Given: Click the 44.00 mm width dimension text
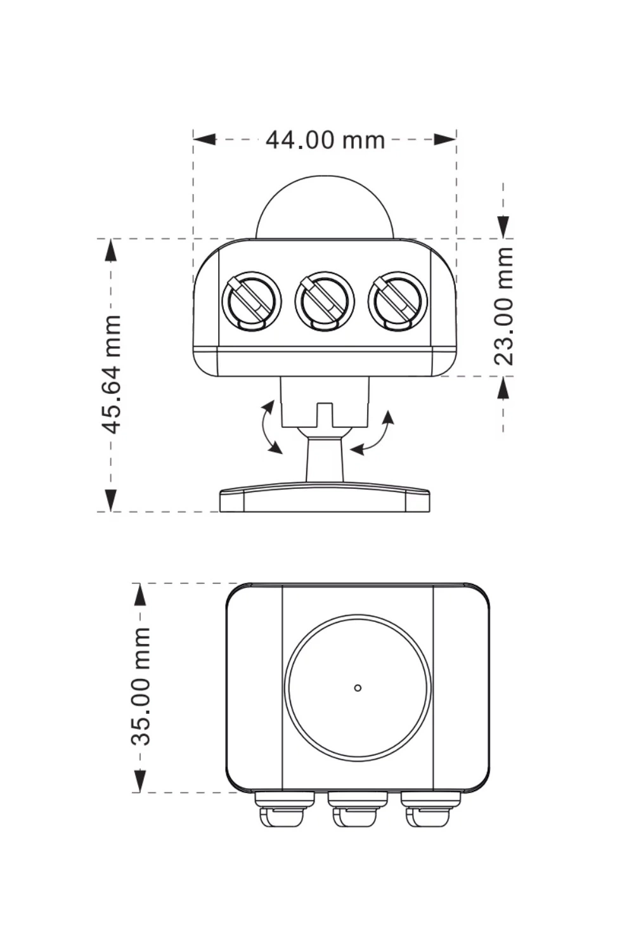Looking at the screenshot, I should coord(325,139).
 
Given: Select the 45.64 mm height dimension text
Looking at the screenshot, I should coord(112,374).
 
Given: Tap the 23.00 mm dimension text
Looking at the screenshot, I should coord(503,306).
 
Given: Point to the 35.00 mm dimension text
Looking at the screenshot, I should coord(140,686).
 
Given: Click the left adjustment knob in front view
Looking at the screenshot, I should coord(252,301).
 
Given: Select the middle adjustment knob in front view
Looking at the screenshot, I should coord(325,301).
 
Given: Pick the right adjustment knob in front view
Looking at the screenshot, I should coord(398,301).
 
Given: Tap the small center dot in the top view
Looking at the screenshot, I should coord(358,688).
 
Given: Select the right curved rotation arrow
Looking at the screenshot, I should coord(375,434).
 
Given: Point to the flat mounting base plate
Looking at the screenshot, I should coord(325,499).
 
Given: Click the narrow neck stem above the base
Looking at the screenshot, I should coord(325,460).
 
